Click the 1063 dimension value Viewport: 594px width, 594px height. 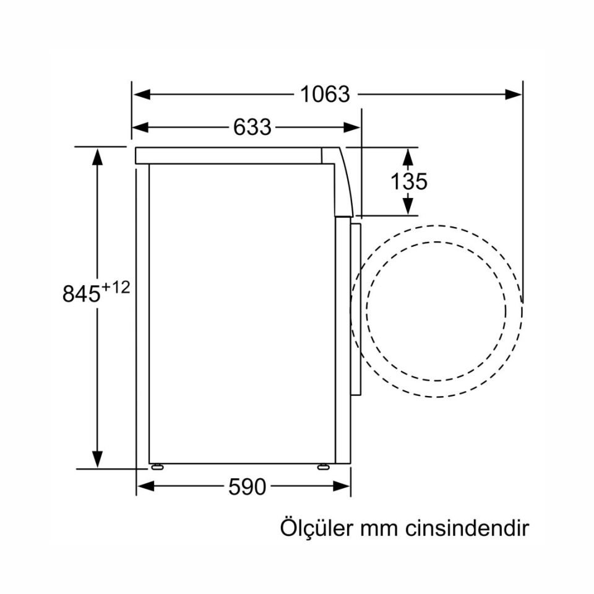coord(325,95)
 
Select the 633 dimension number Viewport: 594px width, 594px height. coord(252,127)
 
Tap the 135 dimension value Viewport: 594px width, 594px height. coord(408,181)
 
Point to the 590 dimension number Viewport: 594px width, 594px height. coord(247,487)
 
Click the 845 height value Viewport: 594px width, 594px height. coord(81,293)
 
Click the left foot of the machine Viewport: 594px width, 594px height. coord(157,467)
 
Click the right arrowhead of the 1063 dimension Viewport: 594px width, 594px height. coord(515,95)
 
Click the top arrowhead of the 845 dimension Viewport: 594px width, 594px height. coord(97,155)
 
